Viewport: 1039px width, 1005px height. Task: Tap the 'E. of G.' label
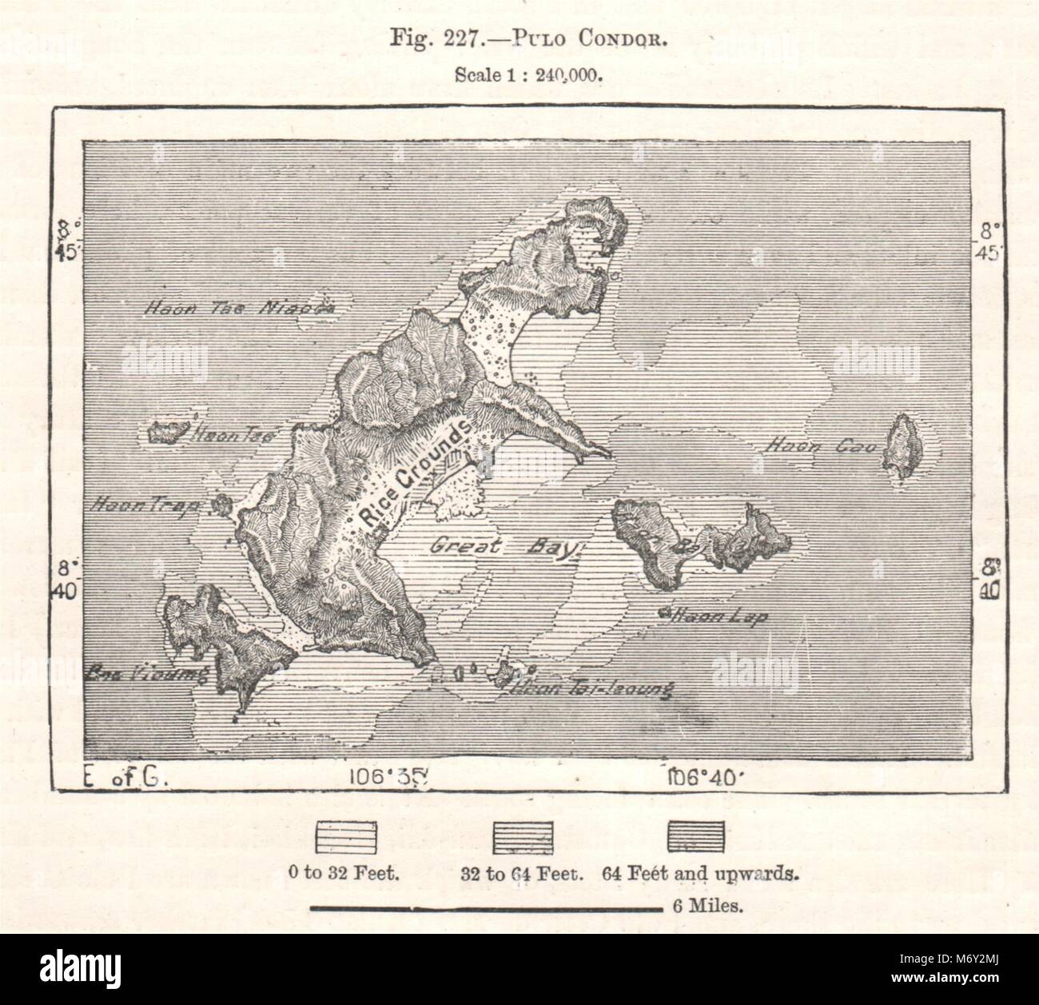pyautogui.click(x=124, y=776)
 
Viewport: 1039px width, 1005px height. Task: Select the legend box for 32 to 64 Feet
pyautogui.click(x=523, y=835)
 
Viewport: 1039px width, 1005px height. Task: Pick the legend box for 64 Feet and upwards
pyautogui.click(x=696, y=835)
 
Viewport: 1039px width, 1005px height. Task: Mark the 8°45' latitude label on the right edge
pyautogui.click(x=991, y=243)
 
